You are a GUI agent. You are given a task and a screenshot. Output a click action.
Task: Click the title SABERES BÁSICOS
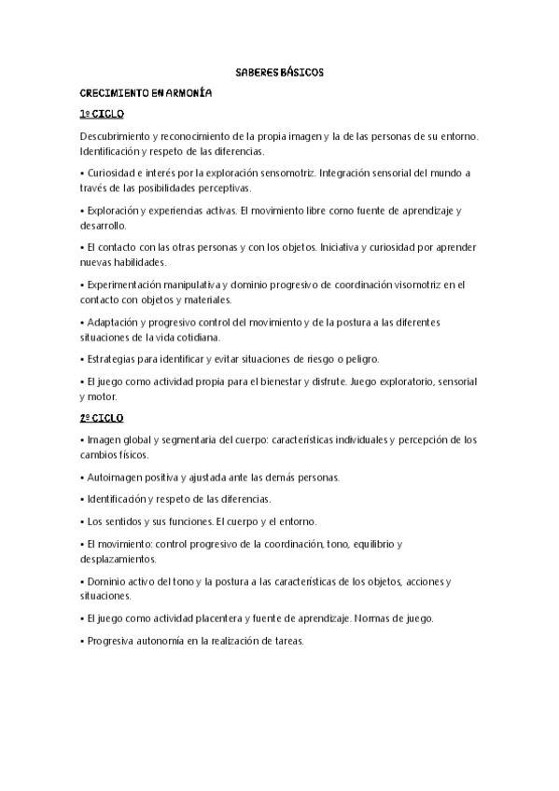pyautogui.click(x=279, y=72)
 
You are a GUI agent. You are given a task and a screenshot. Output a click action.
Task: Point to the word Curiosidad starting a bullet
pyautogui.click(x=110, y=173)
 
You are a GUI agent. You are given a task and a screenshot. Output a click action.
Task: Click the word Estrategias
pyautogui.click(x=112, y=359)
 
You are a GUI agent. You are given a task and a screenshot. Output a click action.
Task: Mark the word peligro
pyautogui.click(x=356, y=359)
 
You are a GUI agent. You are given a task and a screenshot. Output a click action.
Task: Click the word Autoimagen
pyautogui.click(x=114, y=477)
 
